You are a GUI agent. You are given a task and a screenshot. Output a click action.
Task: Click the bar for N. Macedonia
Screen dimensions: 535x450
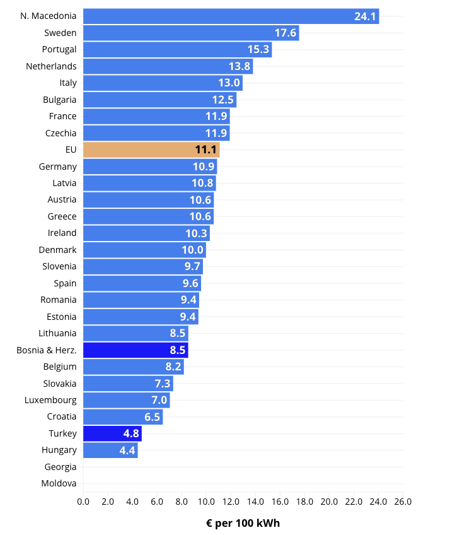[x=231, y=16]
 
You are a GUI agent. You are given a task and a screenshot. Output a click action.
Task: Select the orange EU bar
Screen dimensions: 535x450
[x=151, y=150]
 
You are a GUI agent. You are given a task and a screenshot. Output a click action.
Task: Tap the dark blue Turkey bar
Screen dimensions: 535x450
[x=112, y=433]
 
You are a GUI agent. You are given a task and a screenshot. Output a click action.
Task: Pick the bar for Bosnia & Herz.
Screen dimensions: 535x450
[x=136, y=350]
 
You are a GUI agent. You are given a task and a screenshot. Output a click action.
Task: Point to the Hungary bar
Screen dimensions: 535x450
[x=110, y=450]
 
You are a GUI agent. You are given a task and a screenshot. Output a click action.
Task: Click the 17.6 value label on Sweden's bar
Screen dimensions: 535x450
[x=285, y=33]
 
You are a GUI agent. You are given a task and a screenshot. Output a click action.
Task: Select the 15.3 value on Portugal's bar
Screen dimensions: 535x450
[x=258, y=50]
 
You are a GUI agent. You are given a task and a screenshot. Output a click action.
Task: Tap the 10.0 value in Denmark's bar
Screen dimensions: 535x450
[x=193, y=250]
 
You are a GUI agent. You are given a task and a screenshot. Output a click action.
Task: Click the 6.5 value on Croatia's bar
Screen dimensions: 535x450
[x=152, y=417]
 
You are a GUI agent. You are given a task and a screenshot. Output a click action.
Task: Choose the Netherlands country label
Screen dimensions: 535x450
[x=51, y=66]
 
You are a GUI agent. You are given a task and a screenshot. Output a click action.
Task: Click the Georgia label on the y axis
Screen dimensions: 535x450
[x=61, y=467]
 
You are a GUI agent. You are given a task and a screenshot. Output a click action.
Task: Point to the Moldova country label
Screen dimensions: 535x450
[x=59, y=484]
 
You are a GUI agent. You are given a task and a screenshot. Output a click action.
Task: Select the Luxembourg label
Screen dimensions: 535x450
[x=50, y=400]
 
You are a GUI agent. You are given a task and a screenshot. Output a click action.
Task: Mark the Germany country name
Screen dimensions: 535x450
[x=57, y=167]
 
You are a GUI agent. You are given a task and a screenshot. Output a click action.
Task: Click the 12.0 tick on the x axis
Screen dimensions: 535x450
[x=231, y=502]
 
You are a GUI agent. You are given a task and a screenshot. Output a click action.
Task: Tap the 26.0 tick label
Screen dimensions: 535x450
[x=403, y=502]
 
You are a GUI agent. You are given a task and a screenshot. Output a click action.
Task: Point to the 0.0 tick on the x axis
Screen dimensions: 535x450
[x=83, y=502]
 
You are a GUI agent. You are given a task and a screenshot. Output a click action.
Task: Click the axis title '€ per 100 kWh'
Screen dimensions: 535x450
[x=243, y=524]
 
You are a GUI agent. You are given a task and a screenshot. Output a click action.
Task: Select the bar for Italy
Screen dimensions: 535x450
[x=163, y=83]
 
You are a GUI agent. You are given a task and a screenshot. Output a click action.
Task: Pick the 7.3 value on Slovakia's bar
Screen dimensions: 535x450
[x=162, y=384]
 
